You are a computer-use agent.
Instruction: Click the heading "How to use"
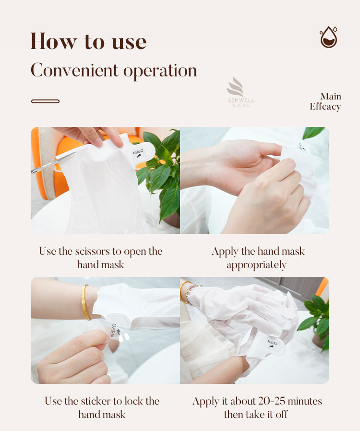tap(88, 41)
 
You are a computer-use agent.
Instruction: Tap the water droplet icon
tap(328, 37)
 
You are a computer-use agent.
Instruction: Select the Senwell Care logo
tap(240, 92)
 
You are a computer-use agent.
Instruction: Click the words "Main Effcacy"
tap(325, 101)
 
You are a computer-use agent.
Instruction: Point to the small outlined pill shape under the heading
tap(45, 101)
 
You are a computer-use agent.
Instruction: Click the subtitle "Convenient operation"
tap(114, 71)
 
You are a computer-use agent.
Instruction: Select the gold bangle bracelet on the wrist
tap(85, 302)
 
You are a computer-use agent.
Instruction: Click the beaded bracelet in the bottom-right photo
tap(192, 293)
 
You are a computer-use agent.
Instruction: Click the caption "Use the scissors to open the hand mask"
tap(101, 258)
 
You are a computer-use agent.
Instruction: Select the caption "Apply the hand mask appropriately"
tap(258, 258)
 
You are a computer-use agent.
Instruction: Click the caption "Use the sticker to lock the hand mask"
tap(102, 407)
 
